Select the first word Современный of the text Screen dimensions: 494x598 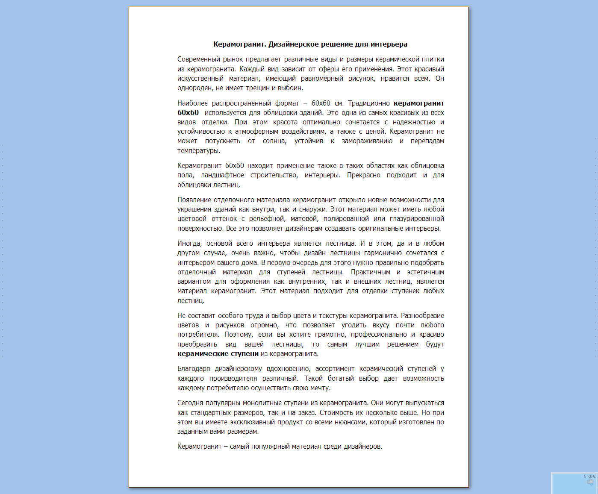point(198,59)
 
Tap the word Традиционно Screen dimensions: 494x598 point(368,103)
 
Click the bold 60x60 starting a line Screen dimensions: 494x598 point(188,113)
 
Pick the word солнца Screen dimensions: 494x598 point(274,141)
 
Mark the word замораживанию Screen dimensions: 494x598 point(367,141)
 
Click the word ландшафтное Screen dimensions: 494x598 point(222,175)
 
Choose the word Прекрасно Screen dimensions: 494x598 point(363,175)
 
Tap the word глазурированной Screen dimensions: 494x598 point(417,219)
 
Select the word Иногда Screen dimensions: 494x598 point(189,244)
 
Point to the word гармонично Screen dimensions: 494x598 point(383,253)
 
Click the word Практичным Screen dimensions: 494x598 point(370,272)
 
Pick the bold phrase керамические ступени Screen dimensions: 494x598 point(218,354)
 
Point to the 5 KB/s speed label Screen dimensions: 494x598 point(589,476)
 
